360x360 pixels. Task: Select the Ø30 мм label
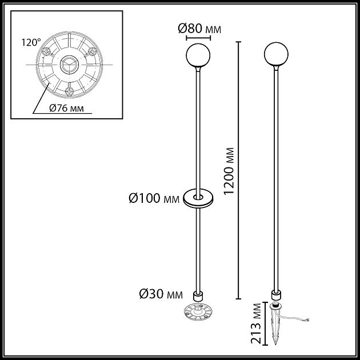point(161,294)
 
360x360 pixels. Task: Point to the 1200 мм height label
point(229,170)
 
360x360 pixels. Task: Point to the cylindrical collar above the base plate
point(198,296)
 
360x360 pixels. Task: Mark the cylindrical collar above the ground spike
point(276,296)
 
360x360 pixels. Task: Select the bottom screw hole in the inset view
point(69,91)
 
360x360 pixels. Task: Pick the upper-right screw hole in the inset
point(92,50)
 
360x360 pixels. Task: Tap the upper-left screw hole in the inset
point(45,51)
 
